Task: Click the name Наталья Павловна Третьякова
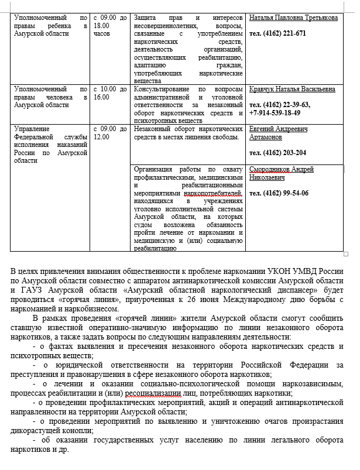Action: (x=293, y=18)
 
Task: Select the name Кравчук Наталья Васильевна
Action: (x=292, y=89)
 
